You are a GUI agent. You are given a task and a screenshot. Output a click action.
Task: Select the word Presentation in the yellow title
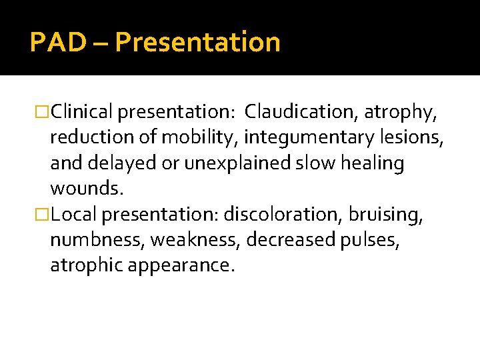[x=197, y=42]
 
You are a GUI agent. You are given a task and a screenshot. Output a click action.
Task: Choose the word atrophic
[x=85, y=266]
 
